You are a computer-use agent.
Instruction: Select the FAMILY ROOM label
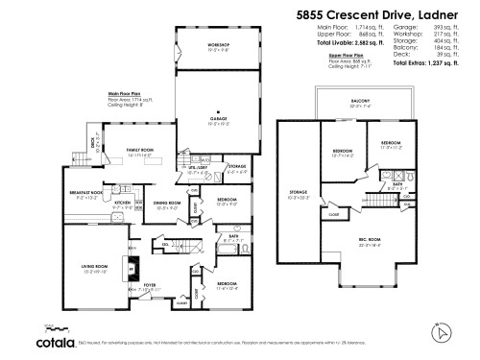142,151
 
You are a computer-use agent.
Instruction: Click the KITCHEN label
123,204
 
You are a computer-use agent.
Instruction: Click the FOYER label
149,286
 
